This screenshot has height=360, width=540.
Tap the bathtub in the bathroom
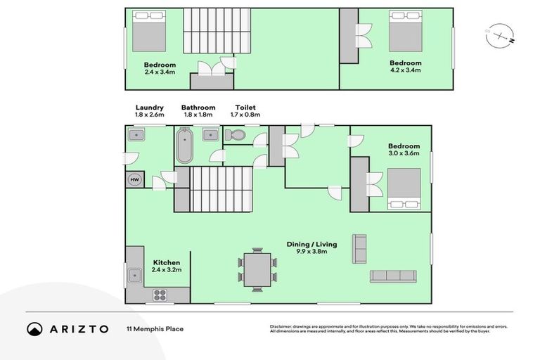click(184, 146)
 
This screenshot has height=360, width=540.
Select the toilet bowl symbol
click(237, 135)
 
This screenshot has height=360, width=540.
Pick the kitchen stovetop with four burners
click(160, 295)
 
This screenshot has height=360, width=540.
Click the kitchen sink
click(134, 275)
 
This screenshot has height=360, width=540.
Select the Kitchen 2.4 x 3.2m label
click(167, 266)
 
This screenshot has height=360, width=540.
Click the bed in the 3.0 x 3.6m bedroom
click(404, 188)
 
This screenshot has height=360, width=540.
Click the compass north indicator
click(499, 33)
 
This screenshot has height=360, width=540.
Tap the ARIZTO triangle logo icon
click(35, 328)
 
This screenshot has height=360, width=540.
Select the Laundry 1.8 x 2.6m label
click(149, 110)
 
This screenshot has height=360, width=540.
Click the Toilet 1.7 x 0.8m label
click(247, 110)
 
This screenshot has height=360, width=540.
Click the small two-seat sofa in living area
click(359, 248)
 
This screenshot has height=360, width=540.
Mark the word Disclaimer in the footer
click(281, 326)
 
